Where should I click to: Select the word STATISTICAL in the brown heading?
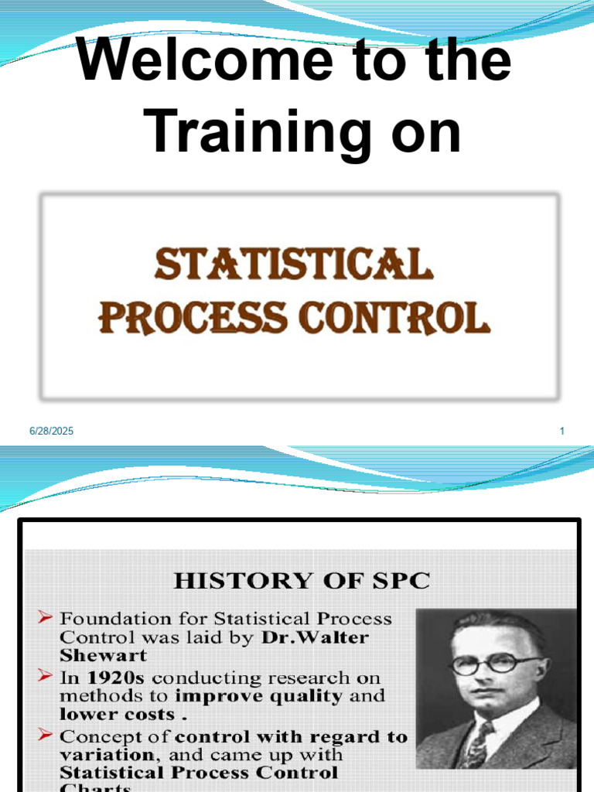tap(292, 266)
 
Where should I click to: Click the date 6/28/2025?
tap(53, 432)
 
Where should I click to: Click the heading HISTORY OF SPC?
tap(301, 581)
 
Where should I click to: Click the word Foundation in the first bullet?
tap(110, 620)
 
